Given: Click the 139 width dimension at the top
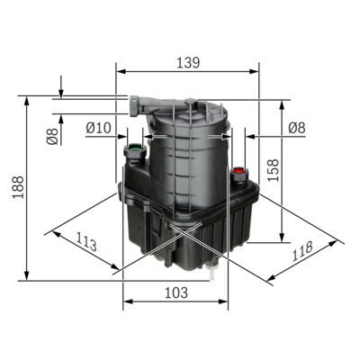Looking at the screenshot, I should [187, 63].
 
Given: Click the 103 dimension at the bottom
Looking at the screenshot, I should [176, 292].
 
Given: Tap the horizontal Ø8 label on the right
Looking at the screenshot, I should [296, 128].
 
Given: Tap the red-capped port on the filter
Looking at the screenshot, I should [238, 170].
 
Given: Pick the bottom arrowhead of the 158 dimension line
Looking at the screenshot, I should [287, 240].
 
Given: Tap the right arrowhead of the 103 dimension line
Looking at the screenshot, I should [226, 303].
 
